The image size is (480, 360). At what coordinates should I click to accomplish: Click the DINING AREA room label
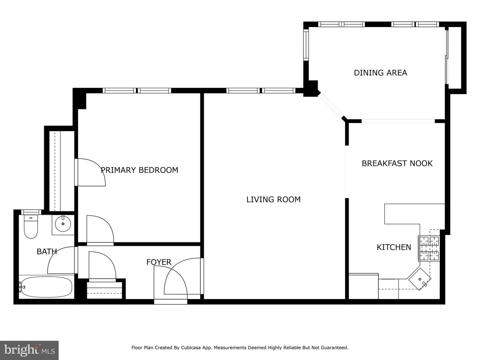click(380, 73)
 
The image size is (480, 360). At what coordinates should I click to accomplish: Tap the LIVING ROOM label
click(273, 199)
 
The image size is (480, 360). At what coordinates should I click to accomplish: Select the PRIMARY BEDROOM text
click(140, 170)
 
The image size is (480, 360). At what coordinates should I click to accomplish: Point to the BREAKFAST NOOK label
click(397, 163)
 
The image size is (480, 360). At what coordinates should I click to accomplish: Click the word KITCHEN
click(394, 247)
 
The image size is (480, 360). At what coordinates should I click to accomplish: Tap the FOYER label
click(159, 262)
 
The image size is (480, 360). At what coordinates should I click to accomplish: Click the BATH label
click(47, 252)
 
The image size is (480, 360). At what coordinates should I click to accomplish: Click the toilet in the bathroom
click(31, 226)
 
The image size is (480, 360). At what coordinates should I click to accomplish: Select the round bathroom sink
click(63, 224)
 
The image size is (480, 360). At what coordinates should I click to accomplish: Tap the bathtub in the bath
click(46, 287)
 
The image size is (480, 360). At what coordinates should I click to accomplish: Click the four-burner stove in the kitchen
click(429, 248)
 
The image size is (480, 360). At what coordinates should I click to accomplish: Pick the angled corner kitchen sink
click(420, 279)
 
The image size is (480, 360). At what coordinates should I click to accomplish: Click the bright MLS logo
click(29, 350)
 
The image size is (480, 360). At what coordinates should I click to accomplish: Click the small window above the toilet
click(31, 212)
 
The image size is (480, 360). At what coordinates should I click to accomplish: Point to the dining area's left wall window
click(306, 45)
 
